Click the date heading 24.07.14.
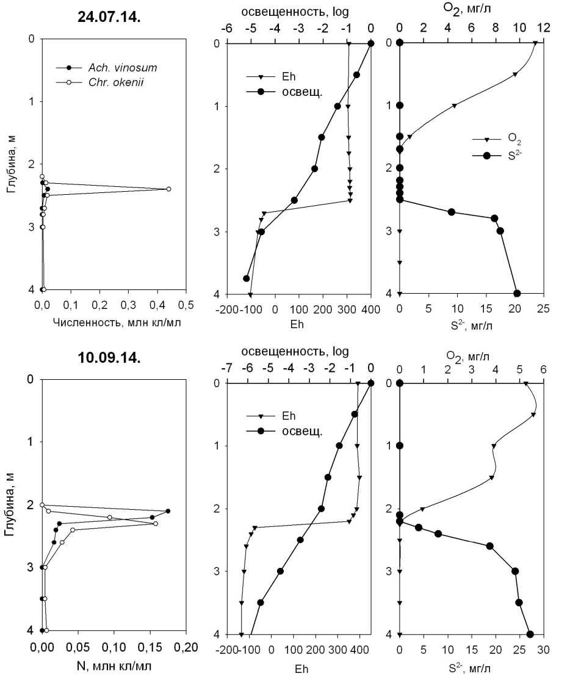coord(109,17)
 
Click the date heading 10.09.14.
coord(109,358)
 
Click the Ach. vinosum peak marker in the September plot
coord(168,511)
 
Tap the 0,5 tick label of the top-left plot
coord(186,304)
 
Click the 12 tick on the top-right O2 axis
coord(543,28)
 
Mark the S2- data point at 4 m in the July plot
coord(517,294)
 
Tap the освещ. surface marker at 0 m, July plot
coord(371,43)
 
